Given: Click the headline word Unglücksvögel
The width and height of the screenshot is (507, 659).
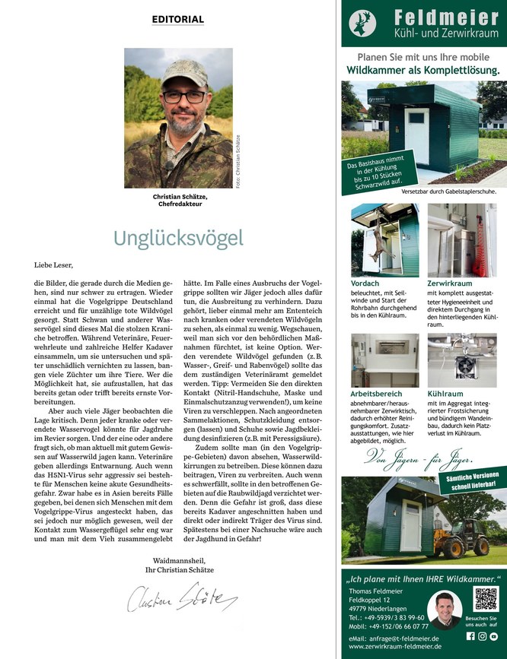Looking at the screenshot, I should click(x=178, y=237).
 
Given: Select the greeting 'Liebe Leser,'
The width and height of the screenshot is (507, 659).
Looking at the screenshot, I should click(x=54, y=265).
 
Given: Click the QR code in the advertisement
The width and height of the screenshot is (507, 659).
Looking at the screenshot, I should click(x=485, y=599).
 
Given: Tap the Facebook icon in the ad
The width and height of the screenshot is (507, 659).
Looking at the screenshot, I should click(x=470, y=635).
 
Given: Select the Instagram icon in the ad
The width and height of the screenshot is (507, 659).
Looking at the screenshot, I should click(x=482, y=635).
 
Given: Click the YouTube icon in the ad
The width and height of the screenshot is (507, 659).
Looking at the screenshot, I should click(x=493, y=635).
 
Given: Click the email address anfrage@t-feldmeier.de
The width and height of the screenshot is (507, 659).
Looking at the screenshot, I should click(x=394, y=639).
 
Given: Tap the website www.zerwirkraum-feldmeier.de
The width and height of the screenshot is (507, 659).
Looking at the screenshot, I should click(x=393, y=648).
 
